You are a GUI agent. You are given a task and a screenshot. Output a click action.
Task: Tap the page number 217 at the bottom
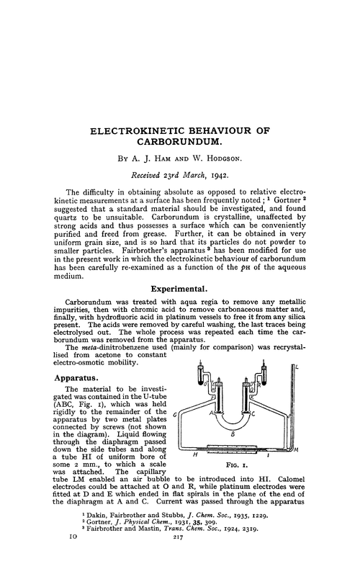point(179,567)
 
